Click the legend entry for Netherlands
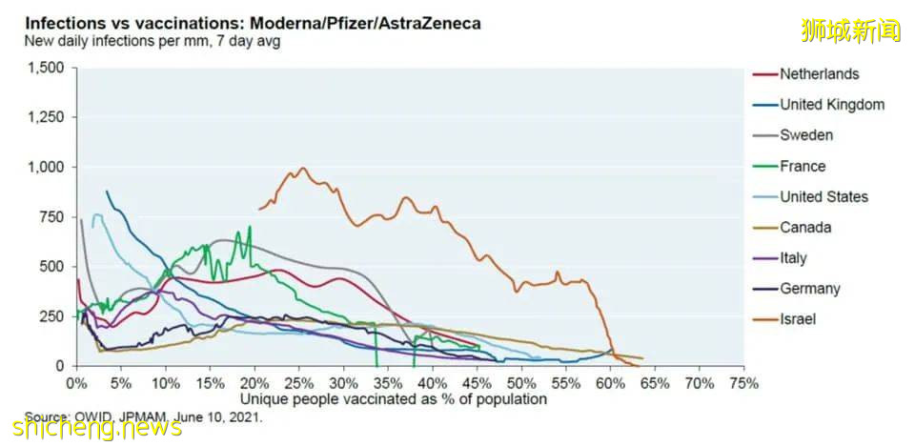(819, 74)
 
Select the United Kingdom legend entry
(831, 105)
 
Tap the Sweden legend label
(805, 135)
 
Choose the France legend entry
(802, 166)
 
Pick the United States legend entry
(823, 196)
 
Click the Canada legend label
(805, 227)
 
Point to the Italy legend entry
(793, 257)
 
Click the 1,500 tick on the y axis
(46, 68)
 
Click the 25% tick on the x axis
(298, 383)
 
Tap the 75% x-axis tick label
(743, 383)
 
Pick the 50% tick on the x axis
(520, 383)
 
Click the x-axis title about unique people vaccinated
(394, 398)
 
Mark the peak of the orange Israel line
(303, 169)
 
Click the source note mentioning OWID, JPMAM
(143, 416)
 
